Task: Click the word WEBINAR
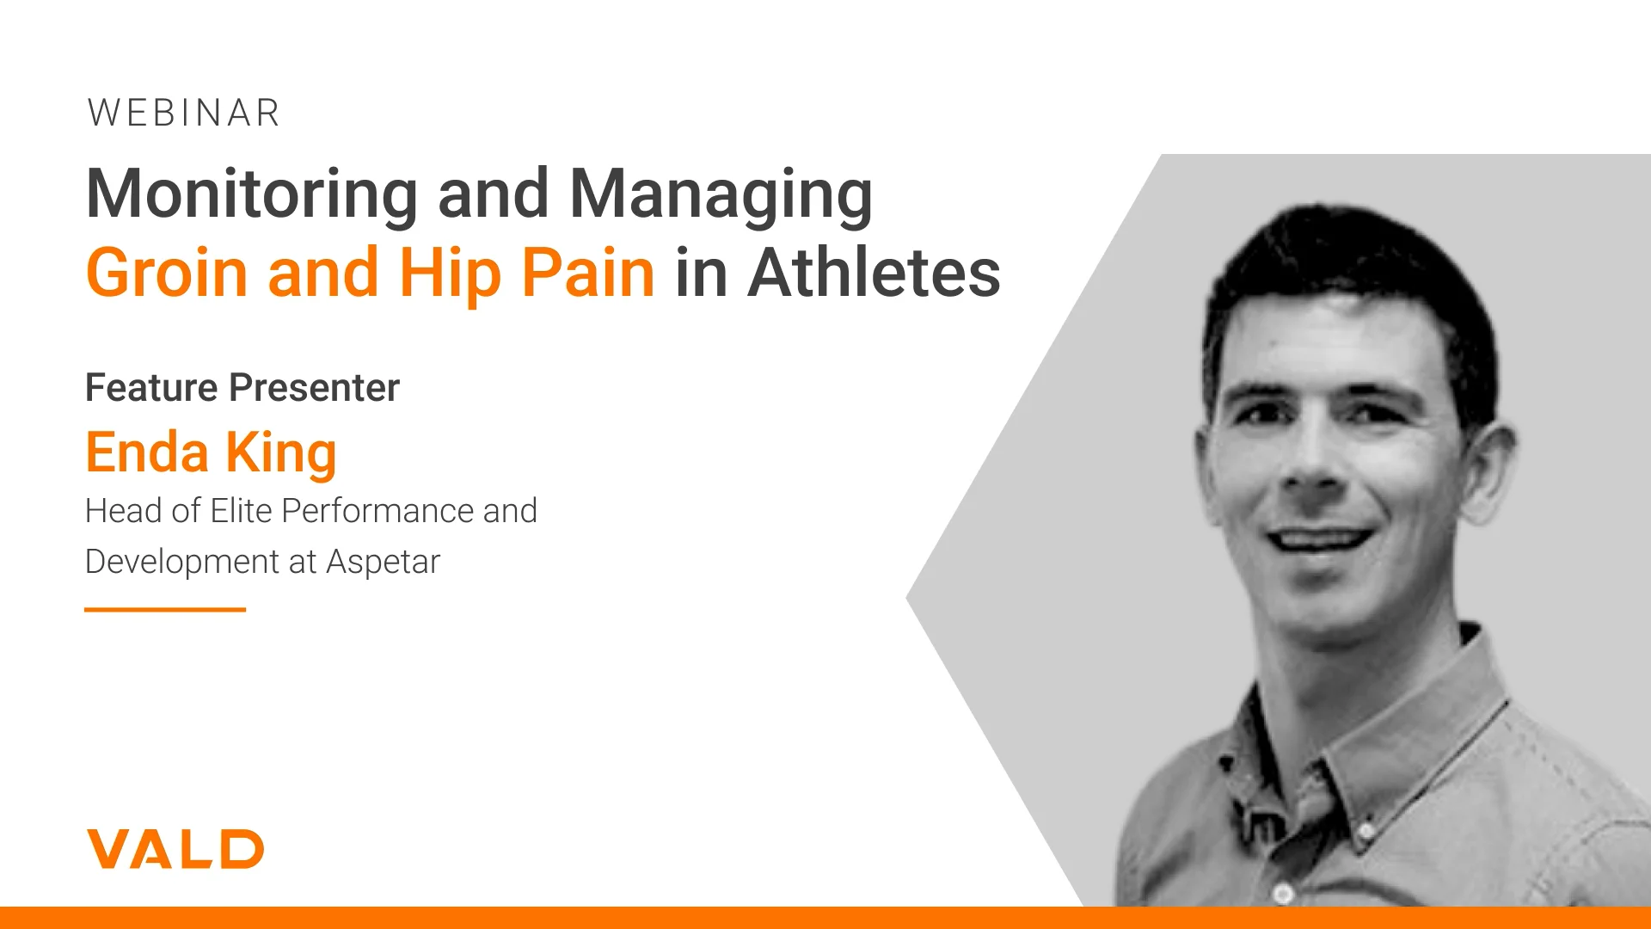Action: pos(184,113)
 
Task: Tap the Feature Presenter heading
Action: pos(242,388)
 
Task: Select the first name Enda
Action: pos(147,452)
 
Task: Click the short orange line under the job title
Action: pos(165,610)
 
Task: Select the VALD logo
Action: pos(175,849)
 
